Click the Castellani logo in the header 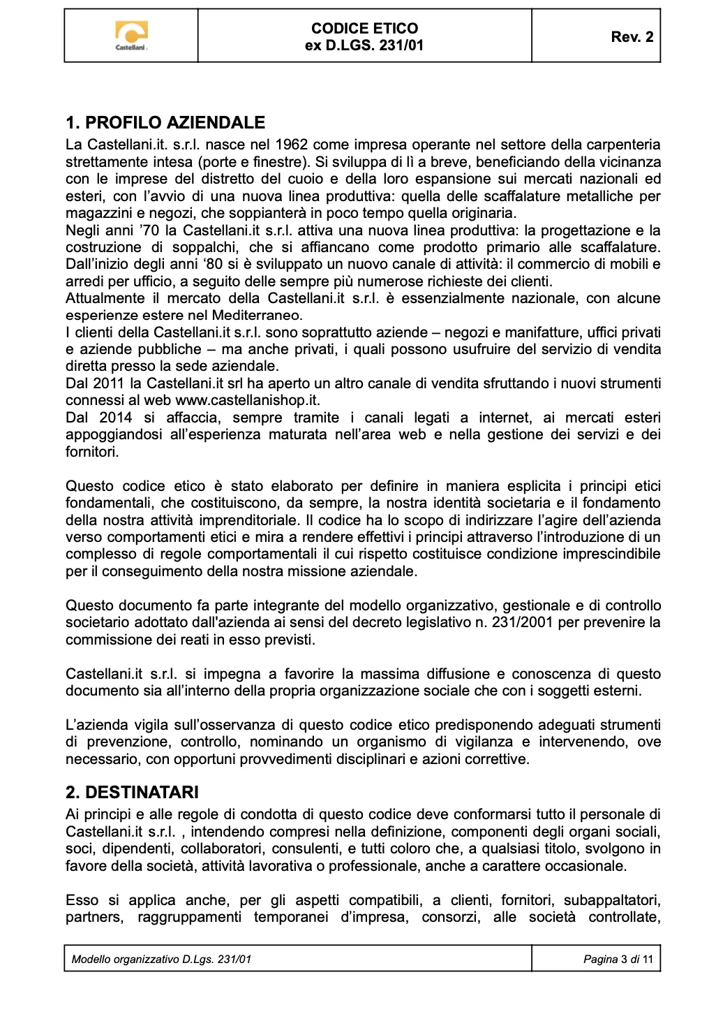click(131, 36)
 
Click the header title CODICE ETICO click(364, 29)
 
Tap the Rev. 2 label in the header click(632, 37)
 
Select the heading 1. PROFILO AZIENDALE click(165, 123)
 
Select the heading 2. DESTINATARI click(132, 792)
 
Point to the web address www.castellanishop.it click(247, 400)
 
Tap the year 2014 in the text click(116, 418)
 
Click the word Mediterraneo click(257, 315)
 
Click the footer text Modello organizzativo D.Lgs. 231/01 click(161, 959)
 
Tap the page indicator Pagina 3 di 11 click(618, 959)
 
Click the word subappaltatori click(611, 900)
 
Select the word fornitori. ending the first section click(92, 452)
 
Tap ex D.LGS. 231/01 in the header click(364, 45)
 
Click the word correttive click(494, 759)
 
